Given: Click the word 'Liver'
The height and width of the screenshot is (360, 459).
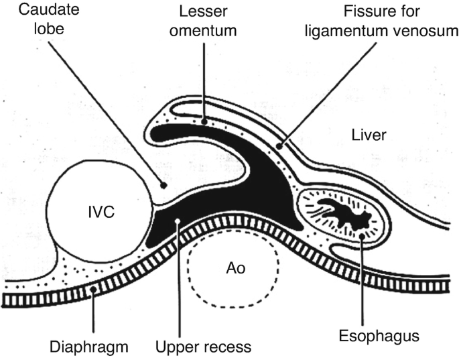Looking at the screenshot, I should [x=369, y=136].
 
